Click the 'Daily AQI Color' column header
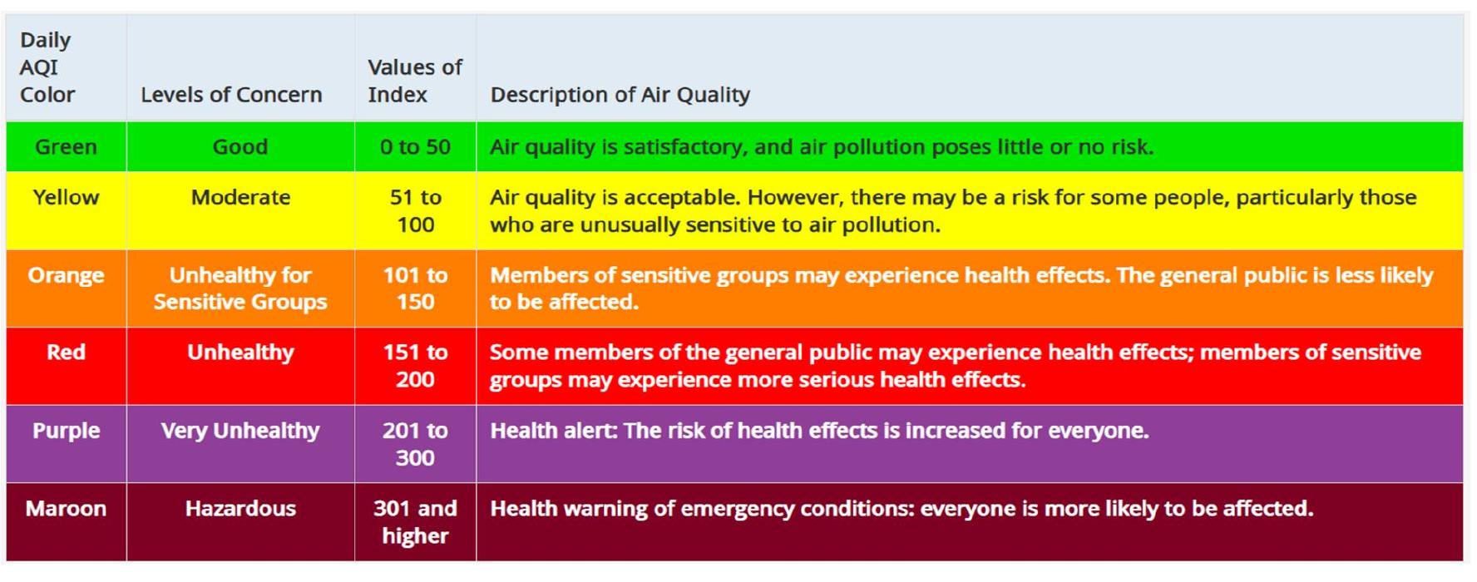[47, 67]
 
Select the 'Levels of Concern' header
[231, 95]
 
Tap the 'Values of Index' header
[414, 81]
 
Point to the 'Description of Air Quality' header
[620, 95]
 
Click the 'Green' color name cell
[66, 147]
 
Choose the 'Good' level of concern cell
[240, 147]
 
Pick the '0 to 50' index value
[415, 147]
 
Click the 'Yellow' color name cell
[66, 198]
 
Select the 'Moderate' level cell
[240, 198]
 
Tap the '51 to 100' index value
[415, 211]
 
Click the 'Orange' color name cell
[66, 275]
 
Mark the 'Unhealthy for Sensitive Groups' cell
[240, 289]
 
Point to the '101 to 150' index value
[415, 289]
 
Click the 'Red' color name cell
[66, 353]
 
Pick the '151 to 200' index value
[415, 366]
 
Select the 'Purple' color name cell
[66, 431]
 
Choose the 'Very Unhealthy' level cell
[240, 431]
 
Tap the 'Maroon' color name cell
[66, 509]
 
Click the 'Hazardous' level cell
[240, 509]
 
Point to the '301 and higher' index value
[415, 522]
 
